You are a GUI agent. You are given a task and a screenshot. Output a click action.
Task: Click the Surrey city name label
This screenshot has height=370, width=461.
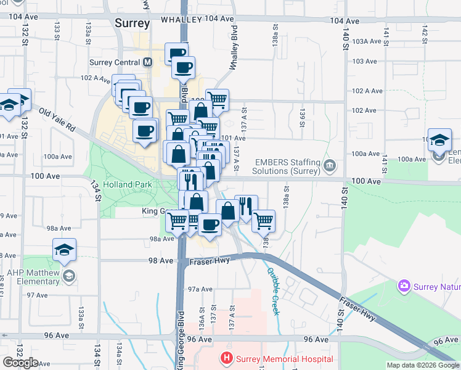click(x=133, y=23)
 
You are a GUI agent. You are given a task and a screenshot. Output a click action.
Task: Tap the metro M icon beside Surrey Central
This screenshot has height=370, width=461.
click(x=147, y=62)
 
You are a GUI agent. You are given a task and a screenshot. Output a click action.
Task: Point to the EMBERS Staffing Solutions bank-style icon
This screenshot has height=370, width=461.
click(x=330, y=165)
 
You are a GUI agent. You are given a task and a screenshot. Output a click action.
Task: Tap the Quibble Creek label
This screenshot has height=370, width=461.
click(x=273, y=290)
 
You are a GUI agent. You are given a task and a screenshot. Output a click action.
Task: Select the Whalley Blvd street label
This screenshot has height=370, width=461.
click(x=234, y=47)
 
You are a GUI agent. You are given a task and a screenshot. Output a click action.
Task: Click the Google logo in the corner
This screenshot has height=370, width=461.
click(x=20, y=363)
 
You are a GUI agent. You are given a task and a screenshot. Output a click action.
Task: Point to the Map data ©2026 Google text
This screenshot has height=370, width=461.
click(x=423, y=365)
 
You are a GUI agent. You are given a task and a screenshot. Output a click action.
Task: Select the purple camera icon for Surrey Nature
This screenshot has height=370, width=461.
click(x=404, y=286)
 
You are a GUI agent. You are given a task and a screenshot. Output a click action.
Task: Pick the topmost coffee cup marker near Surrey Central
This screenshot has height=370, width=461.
click(x=176, y=53)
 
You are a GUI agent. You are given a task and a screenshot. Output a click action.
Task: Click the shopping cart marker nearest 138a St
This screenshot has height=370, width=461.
click(x=263, y=220)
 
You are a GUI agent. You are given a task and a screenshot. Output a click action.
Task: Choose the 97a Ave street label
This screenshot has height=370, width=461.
click(x=200, y=289)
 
